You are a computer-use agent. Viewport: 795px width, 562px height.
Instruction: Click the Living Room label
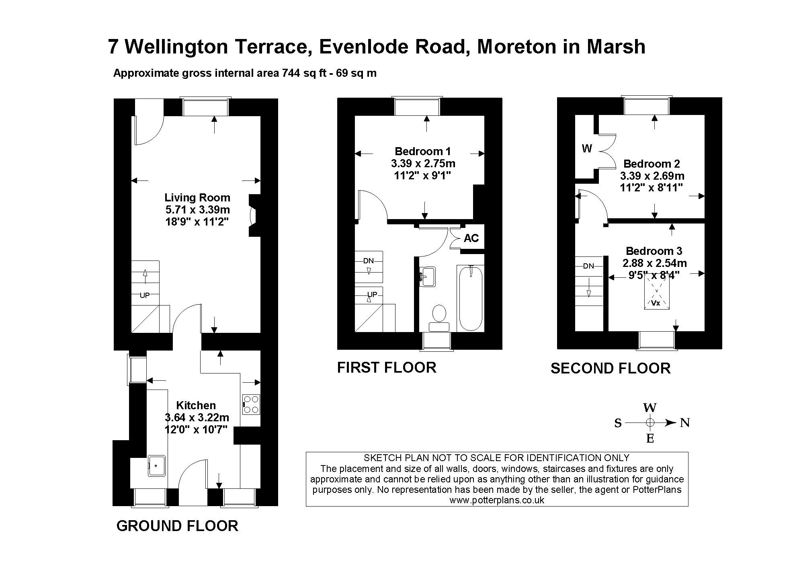[x=197, y=198]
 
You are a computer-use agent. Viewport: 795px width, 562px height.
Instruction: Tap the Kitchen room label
[x=196, y=405]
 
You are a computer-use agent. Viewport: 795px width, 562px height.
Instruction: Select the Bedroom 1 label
[x=423, y=152]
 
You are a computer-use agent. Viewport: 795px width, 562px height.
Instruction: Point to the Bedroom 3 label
[x=654, y=251]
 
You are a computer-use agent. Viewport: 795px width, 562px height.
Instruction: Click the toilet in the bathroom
[x=439, y=318]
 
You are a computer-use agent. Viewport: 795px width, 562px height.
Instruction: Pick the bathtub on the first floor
[x=471, y=298]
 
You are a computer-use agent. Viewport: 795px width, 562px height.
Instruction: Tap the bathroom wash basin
[x=427, y=277]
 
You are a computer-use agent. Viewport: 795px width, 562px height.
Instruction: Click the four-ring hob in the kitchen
[x=251, y=404]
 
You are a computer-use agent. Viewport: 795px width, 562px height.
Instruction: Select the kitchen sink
[x=157, y=466]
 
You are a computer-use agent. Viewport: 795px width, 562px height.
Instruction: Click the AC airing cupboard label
[x=471, y=238]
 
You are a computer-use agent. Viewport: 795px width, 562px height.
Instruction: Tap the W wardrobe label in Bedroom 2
[x=587, y=149]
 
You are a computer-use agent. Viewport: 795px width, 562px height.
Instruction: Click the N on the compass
[x=685, y=423]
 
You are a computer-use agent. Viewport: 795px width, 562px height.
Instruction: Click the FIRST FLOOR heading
[x=387, y=367]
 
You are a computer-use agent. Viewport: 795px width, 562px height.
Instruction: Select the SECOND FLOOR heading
[x=611, y=369]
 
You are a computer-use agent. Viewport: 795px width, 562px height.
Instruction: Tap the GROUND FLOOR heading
[x=177, y=526]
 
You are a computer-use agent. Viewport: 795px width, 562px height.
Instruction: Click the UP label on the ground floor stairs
[x=145, y=295]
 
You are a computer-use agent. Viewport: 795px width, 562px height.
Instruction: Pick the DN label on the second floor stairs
[x=588, y=266]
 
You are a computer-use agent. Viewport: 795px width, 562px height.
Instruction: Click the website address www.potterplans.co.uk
[x=497, y=500]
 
